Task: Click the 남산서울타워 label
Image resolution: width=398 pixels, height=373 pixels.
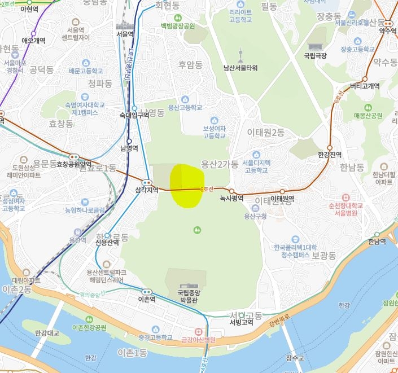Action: pos(240,68)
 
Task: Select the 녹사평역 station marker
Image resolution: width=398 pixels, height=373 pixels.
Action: pos(231,191)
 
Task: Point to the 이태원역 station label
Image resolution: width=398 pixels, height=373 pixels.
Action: pos(283,199)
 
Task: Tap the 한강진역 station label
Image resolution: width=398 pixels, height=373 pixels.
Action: pos(330,154)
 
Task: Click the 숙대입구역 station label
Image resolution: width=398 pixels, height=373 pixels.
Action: pos(134,115)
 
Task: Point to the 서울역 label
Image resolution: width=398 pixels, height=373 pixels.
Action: pos(124,34)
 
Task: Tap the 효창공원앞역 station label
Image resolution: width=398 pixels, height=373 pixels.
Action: pos(74,164)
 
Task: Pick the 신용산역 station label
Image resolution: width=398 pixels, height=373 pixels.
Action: pos(107,243)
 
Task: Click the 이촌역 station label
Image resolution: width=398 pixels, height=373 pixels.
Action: pos(146,300)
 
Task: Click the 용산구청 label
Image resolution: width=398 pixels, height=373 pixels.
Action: pos(255,216)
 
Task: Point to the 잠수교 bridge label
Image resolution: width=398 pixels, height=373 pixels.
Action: pos(295,358)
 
